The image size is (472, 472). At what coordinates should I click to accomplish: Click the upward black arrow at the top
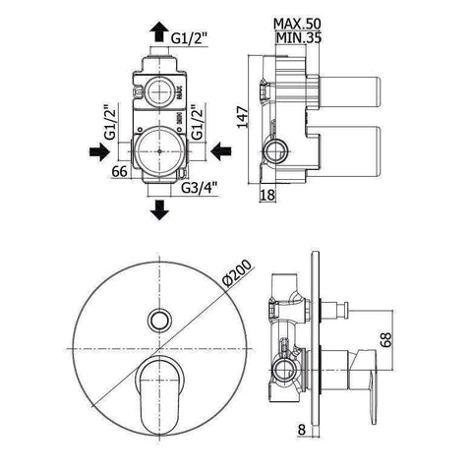(159, 31)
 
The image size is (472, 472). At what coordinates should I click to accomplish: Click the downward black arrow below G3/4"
(159, 210)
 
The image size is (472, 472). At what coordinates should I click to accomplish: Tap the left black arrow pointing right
(99, 151)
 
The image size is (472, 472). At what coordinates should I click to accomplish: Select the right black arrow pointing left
(221, 151)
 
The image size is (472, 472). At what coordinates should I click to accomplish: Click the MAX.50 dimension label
(297, 24)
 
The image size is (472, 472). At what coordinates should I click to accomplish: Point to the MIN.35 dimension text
(298, 38)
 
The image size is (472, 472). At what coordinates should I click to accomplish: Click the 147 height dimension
(243, 117)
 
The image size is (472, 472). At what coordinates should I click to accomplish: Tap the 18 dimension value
(267, 195)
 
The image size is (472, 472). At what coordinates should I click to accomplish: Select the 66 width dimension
(119, 171)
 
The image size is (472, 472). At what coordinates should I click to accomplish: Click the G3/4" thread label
(200, 188)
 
